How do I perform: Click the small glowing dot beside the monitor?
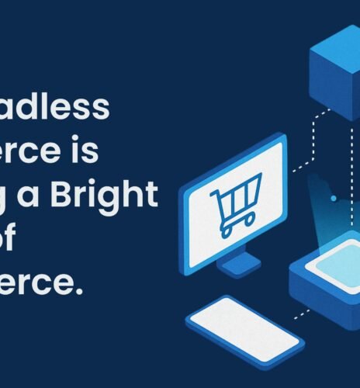click(334, 199)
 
